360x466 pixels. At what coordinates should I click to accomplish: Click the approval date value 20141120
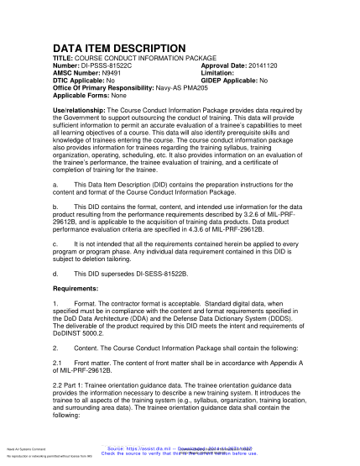(257, 65)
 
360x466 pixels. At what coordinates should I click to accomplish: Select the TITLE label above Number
(65, 59)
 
